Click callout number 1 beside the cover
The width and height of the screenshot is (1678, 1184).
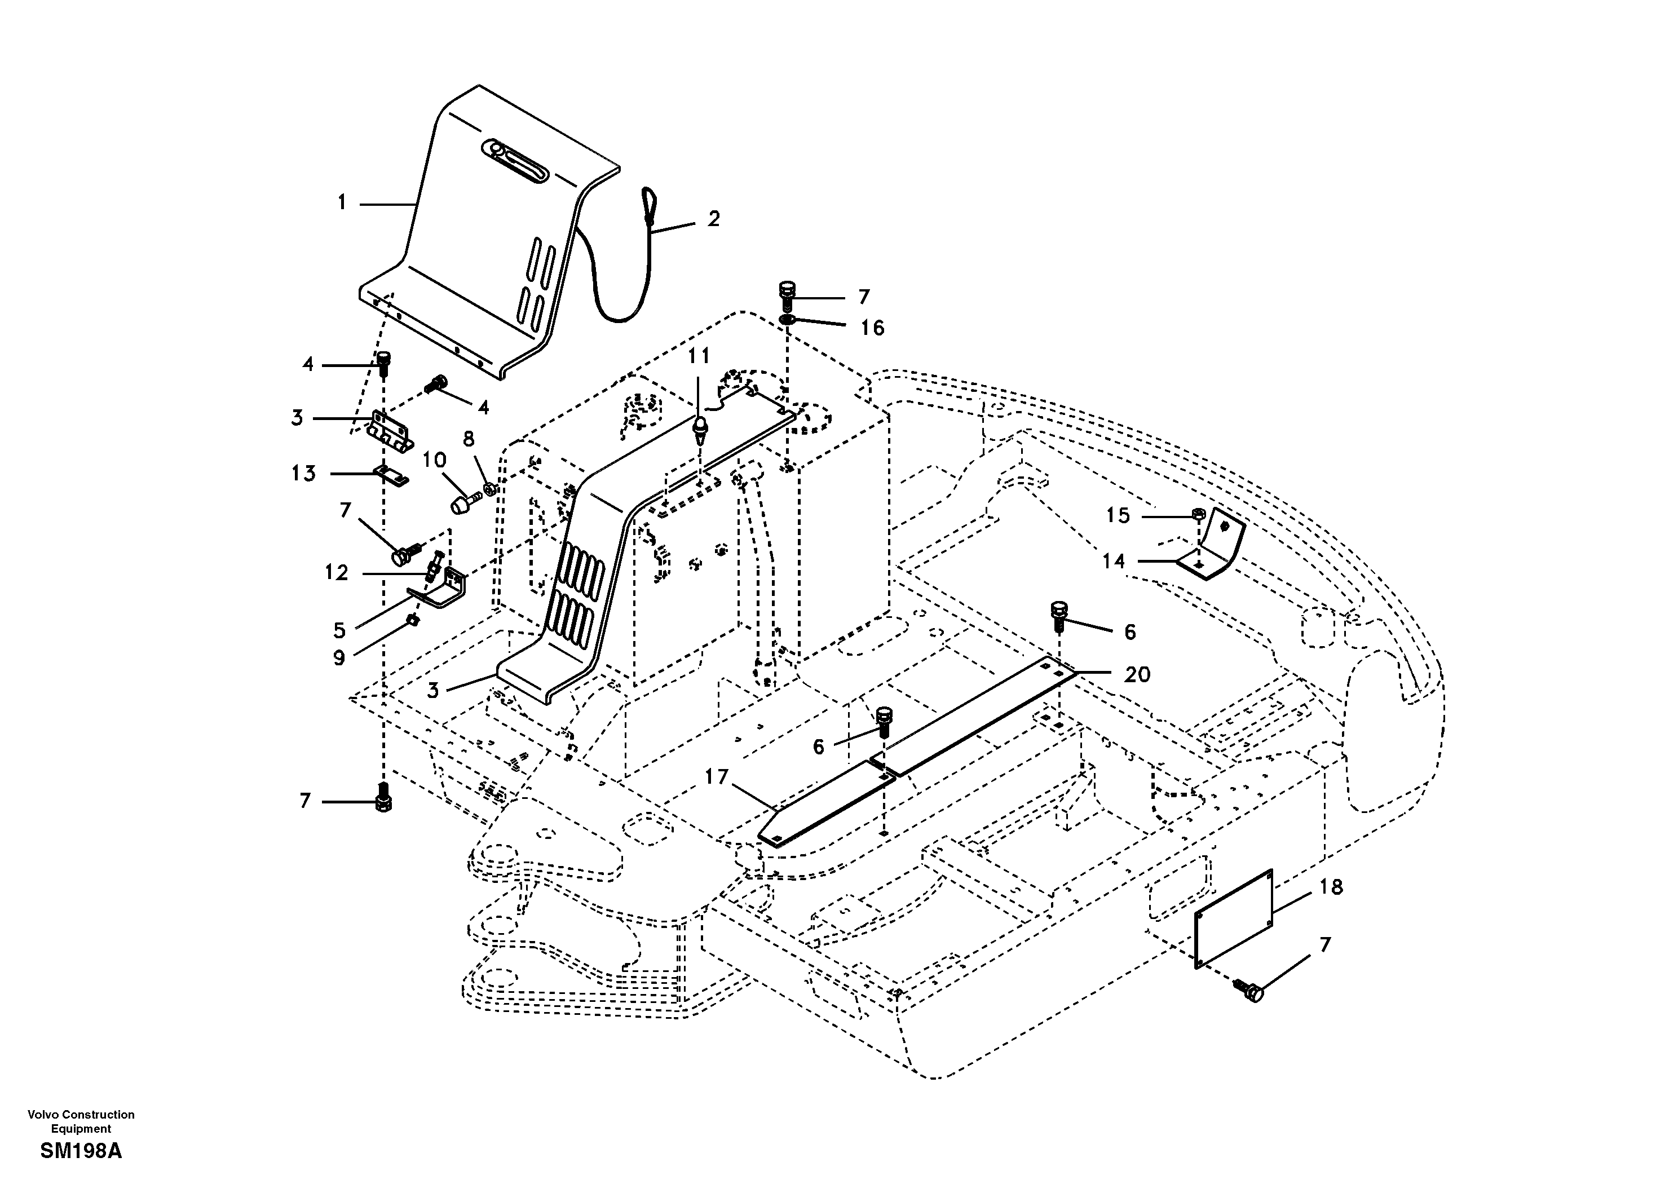click(341, 202)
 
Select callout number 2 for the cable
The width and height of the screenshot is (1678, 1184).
click(713, 219)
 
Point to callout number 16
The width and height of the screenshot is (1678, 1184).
click(872, 328)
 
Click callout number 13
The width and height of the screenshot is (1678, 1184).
click(303, 474)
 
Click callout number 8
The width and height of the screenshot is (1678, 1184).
click(469, 439)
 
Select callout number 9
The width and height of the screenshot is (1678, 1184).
click(339, 658)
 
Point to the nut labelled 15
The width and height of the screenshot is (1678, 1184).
click(1199, 514)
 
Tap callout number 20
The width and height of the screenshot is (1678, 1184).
click(1137, 674)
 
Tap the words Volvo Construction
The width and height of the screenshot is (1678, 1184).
click(81, 1115)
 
